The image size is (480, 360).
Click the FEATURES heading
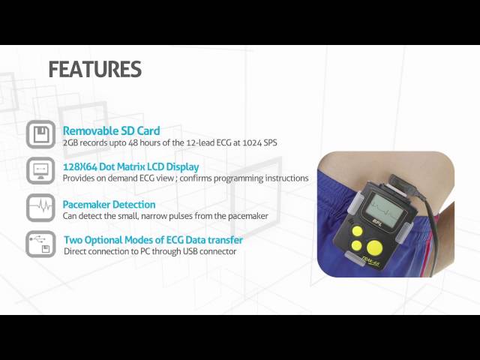pyautogui.click(x=94, y=69)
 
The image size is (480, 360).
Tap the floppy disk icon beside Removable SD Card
pyautogui.click(x=41, y=134)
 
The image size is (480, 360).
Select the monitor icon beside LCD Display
pyautogui.click(x=41, y=170)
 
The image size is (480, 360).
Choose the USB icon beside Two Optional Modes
pyautogui.click(x=41, y=244)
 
